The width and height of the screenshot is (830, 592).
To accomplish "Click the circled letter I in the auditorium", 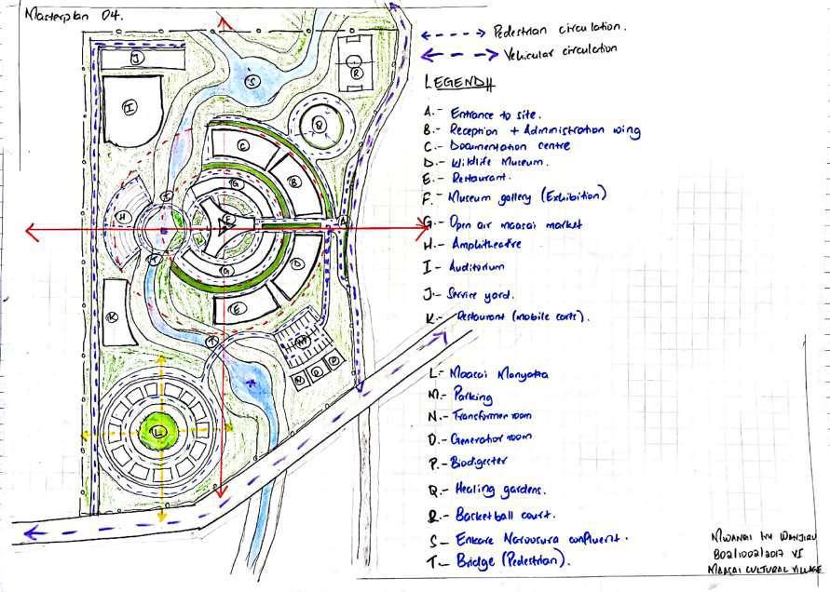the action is click(x=129, y=107).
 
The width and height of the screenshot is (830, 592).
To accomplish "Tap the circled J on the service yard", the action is click(x=136, y=59).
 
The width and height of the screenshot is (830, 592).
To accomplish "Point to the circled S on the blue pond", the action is click(x=250, y=82).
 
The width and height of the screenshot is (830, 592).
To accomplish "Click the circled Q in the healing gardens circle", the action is click(x=318, y=124).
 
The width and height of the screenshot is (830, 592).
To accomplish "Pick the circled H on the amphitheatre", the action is click(x=122, y=217).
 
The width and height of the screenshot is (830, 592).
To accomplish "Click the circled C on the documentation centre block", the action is click(x=242, y=145).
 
